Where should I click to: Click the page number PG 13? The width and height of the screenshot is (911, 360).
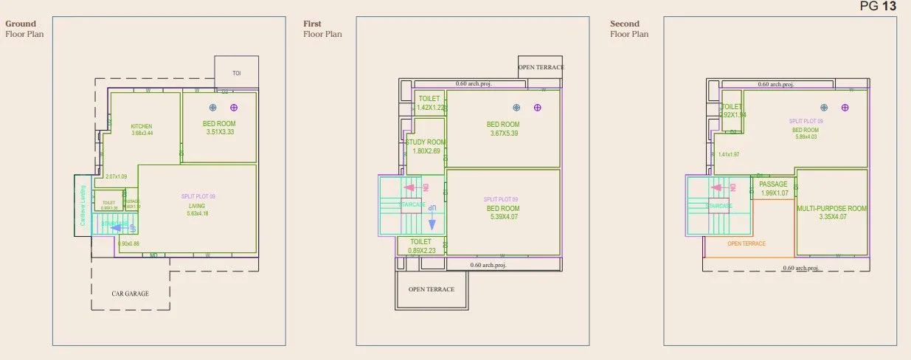click(x=878, y=7)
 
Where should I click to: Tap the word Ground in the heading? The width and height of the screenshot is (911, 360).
click(x=21, y=24)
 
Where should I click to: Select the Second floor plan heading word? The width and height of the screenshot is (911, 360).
click(x=624, y=24)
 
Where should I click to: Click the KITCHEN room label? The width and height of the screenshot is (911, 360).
click(x=142, y=126)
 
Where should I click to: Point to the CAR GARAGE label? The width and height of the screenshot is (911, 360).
click(x=130, y=294)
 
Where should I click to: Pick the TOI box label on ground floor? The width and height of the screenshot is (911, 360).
click(x=236, y=73)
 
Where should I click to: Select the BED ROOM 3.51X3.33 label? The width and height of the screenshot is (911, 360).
click(x=219, y=123)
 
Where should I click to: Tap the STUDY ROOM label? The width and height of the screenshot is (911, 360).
click(x=426, y=142)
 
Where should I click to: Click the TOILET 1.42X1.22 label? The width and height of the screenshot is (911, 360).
click(x=429, y=99)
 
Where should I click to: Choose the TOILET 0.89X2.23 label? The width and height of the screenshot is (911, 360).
click(x=420, y=241)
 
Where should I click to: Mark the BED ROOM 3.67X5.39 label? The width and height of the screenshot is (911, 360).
click(x=503, y=125)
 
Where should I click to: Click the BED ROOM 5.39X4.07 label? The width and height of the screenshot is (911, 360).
click(x=503, y=209)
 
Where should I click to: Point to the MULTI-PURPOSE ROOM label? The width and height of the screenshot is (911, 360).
click(x=831, y=209)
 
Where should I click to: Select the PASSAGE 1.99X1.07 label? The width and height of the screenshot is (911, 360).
click(x=773, y=184)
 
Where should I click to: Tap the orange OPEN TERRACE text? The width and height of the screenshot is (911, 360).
click(x=747, y=243)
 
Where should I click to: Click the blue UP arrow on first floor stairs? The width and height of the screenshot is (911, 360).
click(x=433, y=208)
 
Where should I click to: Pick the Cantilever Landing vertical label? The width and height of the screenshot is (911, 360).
click(x=83, y=205)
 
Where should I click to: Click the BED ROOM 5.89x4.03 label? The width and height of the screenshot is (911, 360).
click(x=806, y=130)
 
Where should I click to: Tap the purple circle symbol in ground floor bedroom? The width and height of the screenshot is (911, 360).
click(x=234, y=108)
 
